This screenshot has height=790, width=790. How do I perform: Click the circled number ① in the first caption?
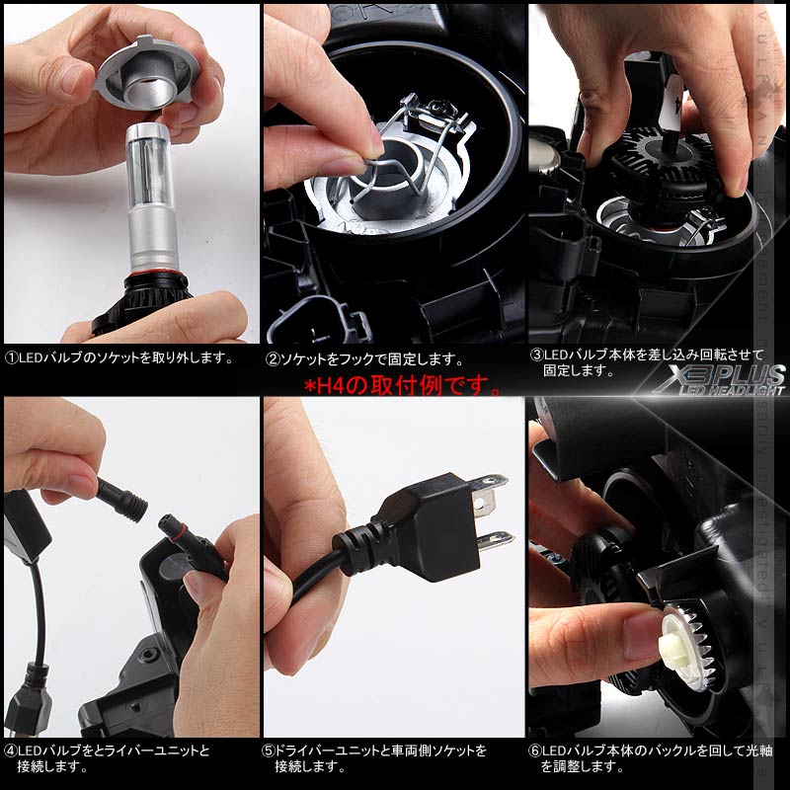11,358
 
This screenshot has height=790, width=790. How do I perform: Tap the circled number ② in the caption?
273,360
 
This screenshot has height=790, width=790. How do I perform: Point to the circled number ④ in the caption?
11,750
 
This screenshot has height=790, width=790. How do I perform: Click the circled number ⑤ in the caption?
269,750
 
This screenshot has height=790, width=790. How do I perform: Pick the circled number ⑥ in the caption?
534,750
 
